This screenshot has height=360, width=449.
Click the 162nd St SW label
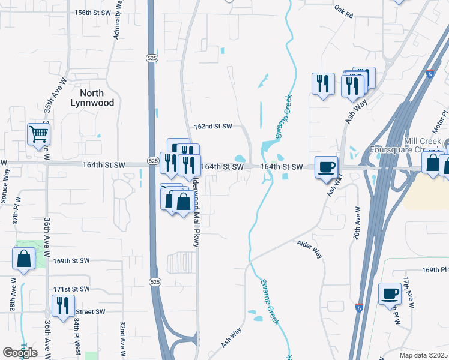pos(213,127)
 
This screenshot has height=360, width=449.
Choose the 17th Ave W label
pos(408,293)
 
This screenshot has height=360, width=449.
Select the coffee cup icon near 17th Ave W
pos(390,293)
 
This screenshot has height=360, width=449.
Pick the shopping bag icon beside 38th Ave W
pos(24,259)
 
